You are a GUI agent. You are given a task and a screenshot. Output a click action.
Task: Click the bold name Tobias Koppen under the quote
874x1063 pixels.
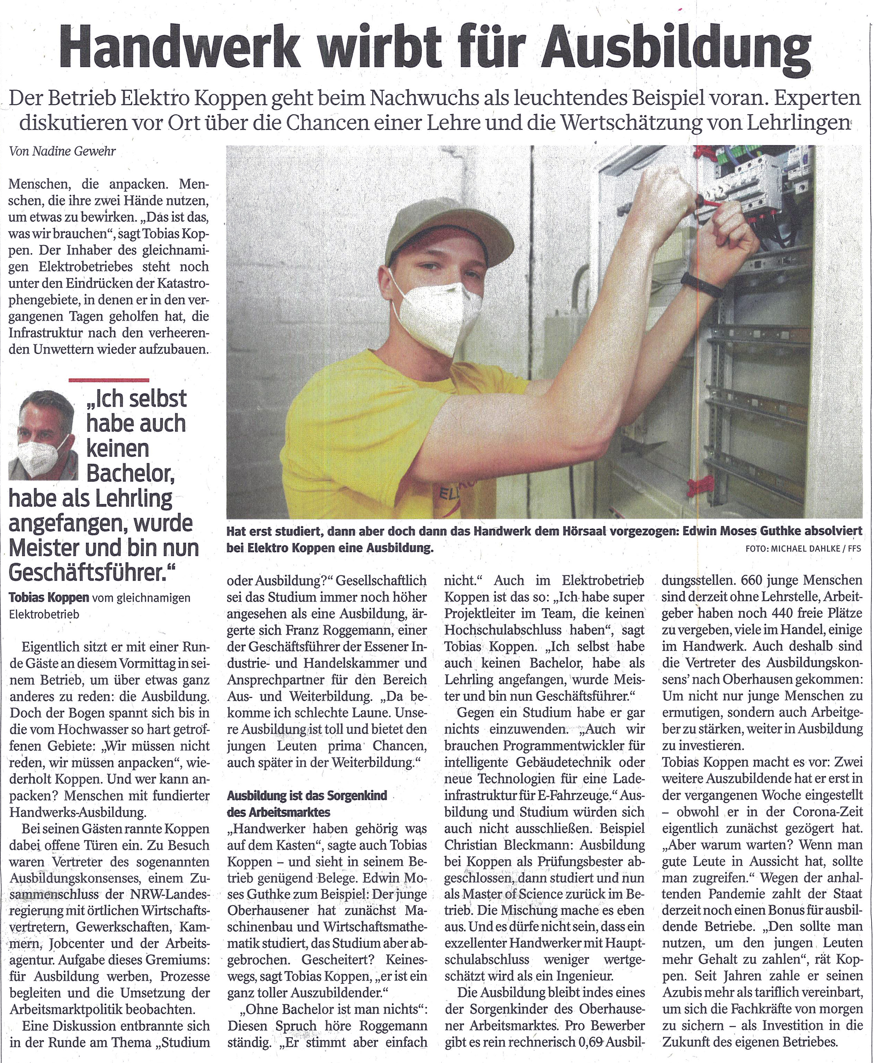pos(49,598)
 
